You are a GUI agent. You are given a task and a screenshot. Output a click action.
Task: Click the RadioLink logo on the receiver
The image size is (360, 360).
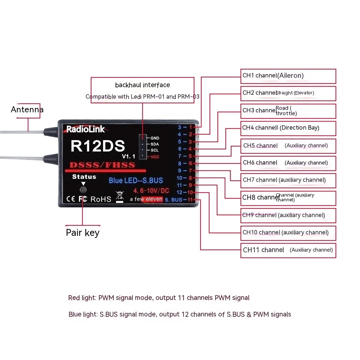86,129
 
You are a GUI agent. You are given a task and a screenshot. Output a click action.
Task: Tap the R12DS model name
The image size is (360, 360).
98,146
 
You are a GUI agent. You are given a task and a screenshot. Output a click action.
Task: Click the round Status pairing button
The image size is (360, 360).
84,189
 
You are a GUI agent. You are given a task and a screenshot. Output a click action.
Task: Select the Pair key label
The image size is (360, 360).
82,233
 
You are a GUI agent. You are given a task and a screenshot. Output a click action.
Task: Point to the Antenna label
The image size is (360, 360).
27,109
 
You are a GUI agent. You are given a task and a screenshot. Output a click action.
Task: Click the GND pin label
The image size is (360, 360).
155,138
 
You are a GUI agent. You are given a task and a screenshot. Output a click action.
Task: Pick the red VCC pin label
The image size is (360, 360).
155,157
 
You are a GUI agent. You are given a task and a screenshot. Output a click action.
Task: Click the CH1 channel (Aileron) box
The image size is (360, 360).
288,76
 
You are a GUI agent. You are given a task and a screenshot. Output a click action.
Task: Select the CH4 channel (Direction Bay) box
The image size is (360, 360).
288,128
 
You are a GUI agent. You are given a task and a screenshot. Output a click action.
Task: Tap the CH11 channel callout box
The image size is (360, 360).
288,250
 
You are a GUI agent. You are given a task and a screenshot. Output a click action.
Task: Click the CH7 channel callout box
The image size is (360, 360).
288,180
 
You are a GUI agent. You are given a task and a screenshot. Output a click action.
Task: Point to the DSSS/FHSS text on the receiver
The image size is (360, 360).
102,165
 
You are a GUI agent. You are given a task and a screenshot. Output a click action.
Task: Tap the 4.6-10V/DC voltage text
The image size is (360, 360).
151,191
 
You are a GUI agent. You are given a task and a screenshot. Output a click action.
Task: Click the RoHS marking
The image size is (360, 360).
101,199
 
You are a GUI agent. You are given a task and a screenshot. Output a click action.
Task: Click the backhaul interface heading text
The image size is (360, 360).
143,85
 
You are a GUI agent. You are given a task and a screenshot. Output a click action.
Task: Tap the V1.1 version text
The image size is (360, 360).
128,157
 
